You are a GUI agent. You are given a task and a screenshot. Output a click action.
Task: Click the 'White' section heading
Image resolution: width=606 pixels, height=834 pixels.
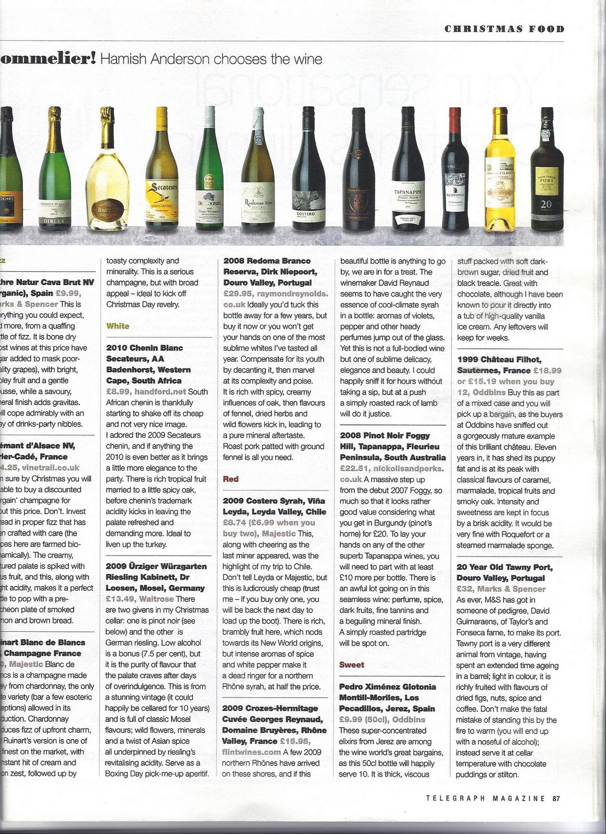(x=117, y=326)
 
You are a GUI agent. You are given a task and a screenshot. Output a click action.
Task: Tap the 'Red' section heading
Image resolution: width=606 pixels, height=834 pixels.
(x=230, y=479)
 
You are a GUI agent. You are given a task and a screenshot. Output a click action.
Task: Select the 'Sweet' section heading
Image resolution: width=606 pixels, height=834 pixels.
(x=352, y=665)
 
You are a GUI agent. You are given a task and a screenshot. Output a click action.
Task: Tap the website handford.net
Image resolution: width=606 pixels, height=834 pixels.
(x=160, y=391)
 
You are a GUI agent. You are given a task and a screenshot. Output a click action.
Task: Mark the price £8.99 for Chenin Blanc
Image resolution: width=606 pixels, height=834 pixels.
(x=118, y=391)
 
